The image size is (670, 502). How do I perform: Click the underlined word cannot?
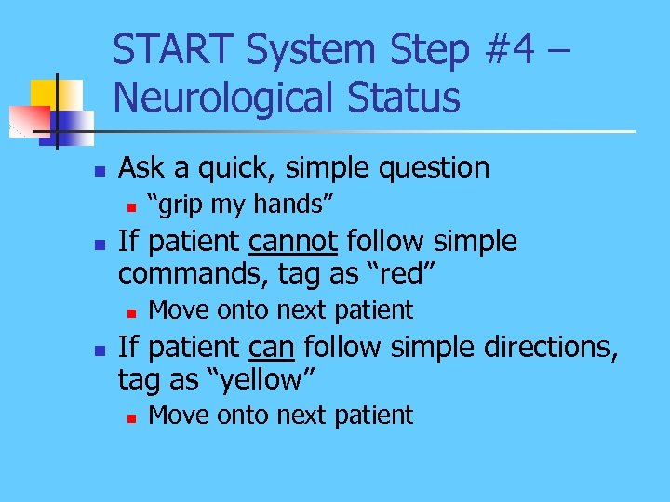293,242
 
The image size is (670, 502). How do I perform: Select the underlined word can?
272,347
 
